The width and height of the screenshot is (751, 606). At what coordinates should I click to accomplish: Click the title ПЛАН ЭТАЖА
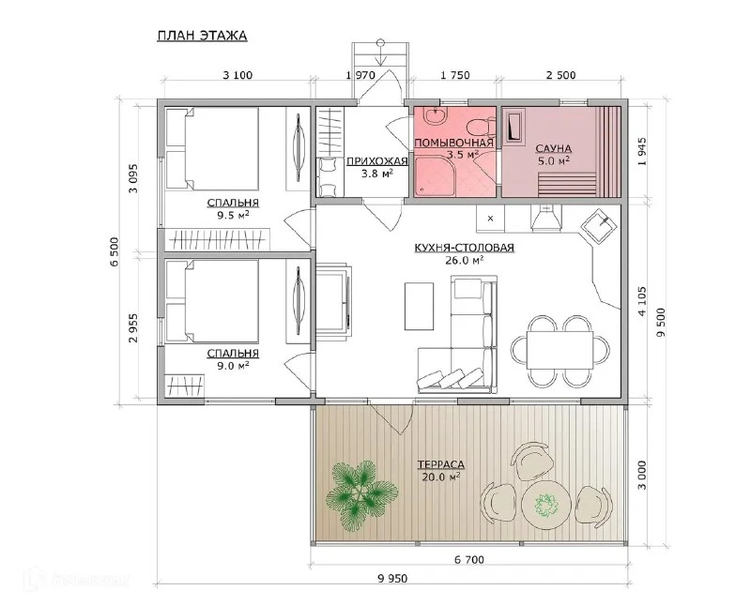pyautogui.click(x=202, y=36)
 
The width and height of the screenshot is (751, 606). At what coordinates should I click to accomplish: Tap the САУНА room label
pyautogui.click(x=554, y=148)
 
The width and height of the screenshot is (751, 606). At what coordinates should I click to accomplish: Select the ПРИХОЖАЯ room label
pyautogui.click(x=377, y=160)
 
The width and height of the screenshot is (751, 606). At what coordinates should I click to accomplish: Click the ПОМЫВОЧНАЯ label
pyautogui.click(x=453, y=144)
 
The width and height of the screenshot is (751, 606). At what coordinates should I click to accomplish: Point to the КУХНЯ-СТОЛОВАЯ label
pyautogui.click(x=464, y=248)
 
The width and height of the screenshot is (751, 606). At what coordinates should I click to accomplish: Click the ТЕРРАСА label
pyautogui.click(x=441, y=464)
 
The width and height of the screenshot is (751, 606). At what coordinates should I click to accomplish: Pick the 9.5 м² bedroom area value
pyautogui.click(x=233, y=215)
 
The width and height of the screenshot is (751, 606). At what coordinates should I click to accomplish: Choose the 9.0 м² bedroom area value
pyautogui.click(x=233, y=366)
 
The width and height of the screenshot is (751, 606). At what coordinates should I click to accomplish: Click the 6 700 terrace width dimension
pyautogui.click(x=467, y=559)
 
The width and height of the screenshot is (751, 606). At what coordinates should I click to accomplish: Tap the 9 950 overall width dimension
pyautogui.click(x=392, y=579)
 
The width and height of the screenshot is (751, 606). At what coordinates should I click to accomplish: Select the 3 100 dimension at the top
pyautogui.click(x=238, y=75)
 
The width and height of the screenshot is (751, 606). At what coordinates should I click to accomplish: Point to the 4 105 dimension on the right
pyautogui.click(x=642, y=301)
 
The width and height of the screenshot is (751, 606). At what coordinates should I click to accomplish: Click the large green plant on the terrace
pyautogui.click(x=361, y=495)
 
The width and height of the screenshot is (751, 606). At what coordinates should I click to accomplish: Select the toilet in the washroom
pyautogui.click(x=481, y=126)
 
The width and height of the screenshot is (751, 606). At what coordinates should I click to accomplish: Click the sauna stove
pyautogui.click(x=513, y=127)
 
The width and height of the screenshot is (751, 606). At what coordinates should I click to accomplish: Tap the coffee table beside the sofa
pyautogui.click(x=419, y=307)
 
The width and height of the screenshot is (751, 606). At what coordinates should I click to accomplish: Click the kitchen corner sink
pyautogui.click(x=596, y=224)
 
